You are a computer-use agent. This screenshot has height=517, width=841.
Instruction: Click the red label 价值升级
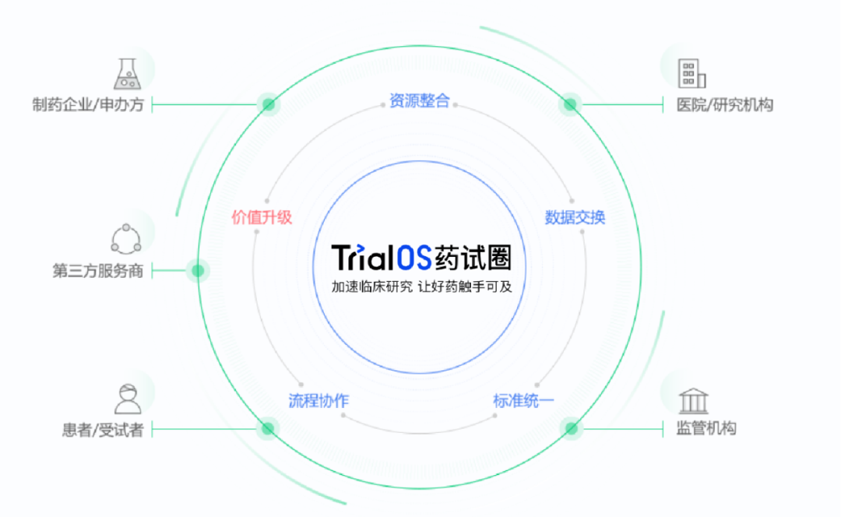262,217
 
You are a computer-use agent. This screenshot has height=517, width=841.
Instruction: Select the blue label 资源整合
420,100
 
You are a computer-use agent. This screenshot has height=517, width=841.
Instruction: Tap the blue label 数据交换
575,217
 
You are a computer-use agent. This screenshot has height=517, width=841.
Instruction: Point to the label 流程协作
318,401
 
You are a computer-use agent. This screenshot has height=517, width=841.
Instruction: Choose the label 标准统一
523,401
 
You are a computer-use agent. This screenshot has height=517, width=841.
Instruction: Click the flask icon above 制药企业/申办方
127,74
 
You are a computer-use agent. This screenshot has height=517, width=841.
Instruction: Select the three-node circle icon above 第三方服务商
126,239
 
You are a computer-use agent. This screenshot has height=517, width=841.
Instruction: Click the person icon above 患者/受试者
128,399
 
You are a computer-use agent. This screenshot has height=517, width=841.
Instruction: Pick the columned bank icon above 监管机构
694,401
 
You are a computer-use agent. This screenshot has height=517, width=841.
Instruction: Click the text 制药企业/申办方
88,104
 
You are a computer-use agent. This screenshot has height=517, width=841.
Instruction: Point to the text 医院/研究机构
725,104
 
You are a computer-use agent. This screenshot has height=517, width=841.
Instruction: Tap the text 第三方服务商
97,271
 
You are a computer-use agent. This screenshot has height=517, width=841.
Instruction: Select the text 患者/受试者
103,430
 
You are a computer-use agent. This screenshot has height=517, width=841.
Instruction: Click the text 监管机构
706,428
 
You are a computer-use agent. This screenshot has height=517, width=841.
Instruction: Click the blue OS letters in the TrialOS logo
414,258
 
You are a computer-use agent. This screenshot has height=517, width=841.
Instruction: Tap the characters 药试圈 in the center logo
473,258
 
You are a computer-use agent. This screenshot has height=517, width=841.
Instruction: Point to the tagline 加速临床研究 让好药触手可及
421,287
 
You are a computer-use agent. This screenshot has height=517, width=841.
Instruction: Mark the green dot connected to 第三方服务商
198,271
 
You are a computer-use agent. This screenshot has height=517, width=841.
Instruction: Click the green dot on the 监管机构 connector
572,428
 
